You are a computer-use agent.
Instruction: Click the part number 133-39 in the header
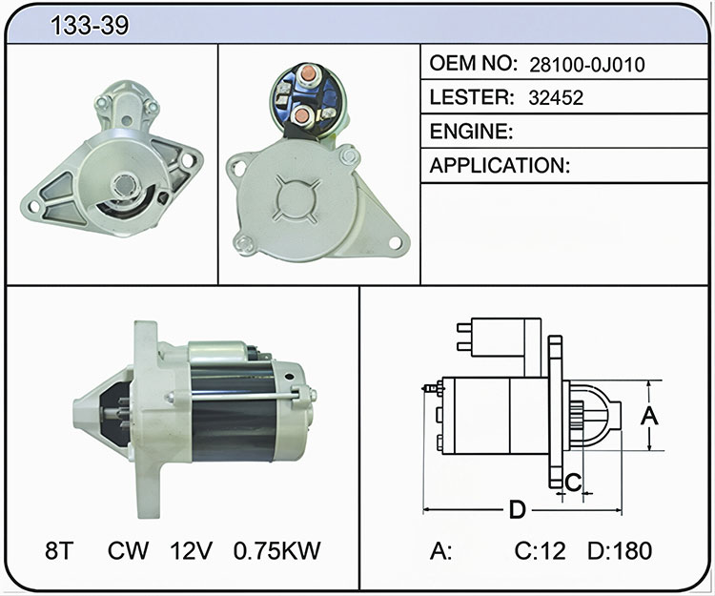pos(90,25)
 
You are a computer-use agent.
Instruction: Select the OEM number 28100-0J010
pos(587,65)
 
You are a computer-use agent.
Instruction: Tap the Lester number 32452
pos(556,98)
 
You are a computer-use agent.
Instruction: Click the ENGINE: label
pos(472,132)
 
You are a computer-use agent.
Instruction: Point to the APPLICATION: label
pos(500,165)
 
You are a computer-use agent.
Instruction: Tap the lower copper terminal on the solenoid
pos(300,115)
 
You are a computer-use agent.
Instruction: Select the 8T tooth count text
pos(59,550)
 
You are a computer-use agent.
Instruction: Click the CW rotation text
pos(128,550)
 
